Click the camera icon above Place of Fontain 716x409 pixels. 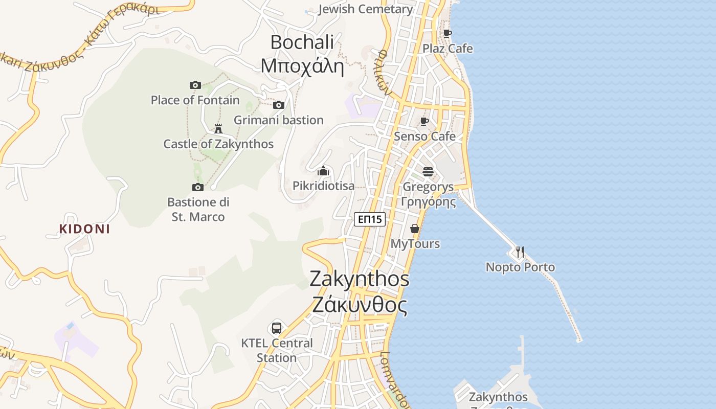pos(195,85)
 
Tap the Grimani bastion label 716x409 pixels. pos(278,120)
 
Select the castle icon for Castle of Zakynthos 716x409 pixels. pos(218,128)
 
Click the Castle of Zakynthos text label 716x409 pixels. pos(218,144)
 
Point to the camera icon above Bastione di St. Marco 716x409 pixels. pos(198,187)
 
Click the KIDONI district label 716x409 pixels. pos(84,229)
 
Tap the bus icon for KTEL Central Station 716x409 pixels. pos(277,328)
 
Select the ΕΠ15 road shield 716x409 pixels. pos(369,219)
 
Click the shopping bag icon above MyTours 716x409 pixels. pos(415,229)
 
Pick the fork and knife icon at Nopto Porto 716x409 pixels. pos(520,252)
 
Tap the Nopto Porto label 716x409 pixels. pos(520,267)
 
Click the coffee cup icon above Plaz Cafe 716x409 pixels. pos(447,34)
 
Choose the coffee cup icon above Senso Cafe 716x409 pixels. pos(424,121)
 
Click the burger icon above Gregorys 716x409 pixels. pos(428,171)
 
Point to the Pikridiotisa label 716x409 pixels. pos(323,186)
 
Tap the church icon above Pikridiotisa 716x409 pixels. pos(323,171)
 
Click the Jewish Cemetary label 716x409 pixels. pos(365,9)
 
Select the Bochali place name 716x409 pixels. pos(302,42)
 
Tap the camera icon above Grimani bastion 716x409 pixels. pos(278,105)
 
